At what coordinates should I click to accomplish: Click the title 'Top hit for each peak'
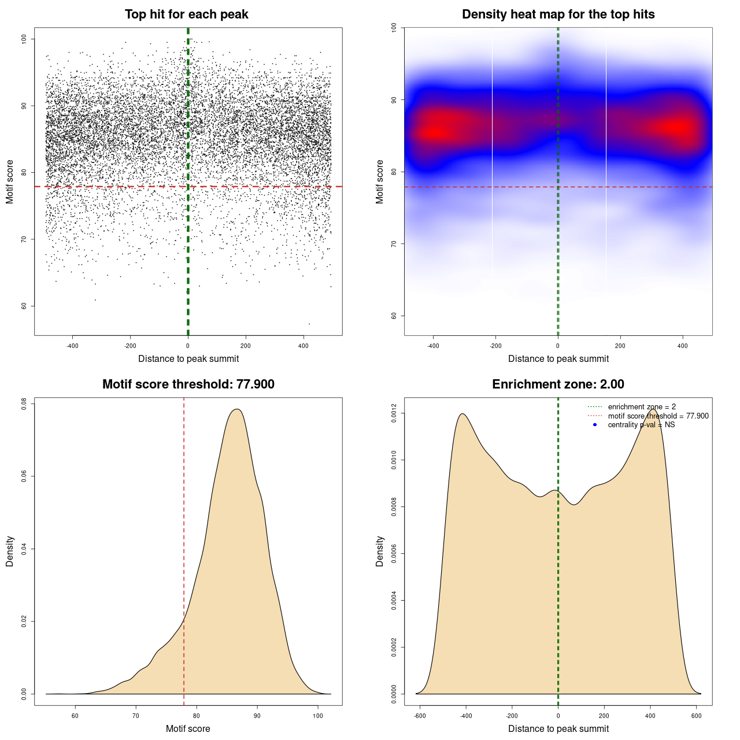[x=186, y=14]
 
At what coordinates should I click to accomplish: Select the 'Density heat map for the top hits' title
[x=558, y=14]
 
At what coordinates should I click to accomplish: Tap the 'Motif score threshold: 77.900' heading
[x=188, y=384]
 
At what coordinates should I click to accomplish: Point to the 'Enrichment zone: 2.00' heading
[x=558, y=384]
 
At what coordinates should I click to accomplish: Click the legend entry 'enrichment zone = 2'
[x=642, y=407]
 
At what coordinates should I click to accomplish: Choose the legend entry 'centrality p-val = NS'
[x=641, y=425]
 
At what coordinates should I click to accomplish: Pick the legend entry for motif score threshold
[x=658, y=416]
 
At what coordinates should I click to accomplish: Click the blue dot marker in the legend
[x=595, y=425]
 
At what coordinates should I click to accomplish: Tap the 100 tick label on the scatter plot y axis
[x=24, y=39]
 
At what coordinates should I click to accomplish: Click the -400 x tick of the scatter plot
[x=72, y=346]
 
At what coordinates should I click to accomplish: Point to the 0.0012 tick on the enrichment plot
[x=394, y=413]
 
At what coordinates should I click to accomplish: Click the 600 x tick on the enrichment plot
[x=696, y=716]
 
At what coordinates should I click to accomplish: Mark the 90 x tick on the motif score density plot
[x=257, y=716]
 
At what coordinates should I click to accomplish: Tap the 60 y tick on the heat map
[x=394, y=316]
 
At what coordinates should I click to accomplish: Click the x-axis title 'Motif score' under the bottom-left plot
[x=188, y=729]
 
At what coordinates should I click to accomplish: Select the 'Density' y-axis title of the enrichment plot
[x=380, y=551]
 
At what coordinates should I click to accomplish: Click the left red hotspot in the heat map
[x=437, y=129]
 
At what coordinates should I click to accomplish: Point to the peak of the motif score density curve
[x=236, y=409]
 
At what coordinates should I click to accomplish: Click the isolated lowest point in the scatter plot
[x=309, y=324]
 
